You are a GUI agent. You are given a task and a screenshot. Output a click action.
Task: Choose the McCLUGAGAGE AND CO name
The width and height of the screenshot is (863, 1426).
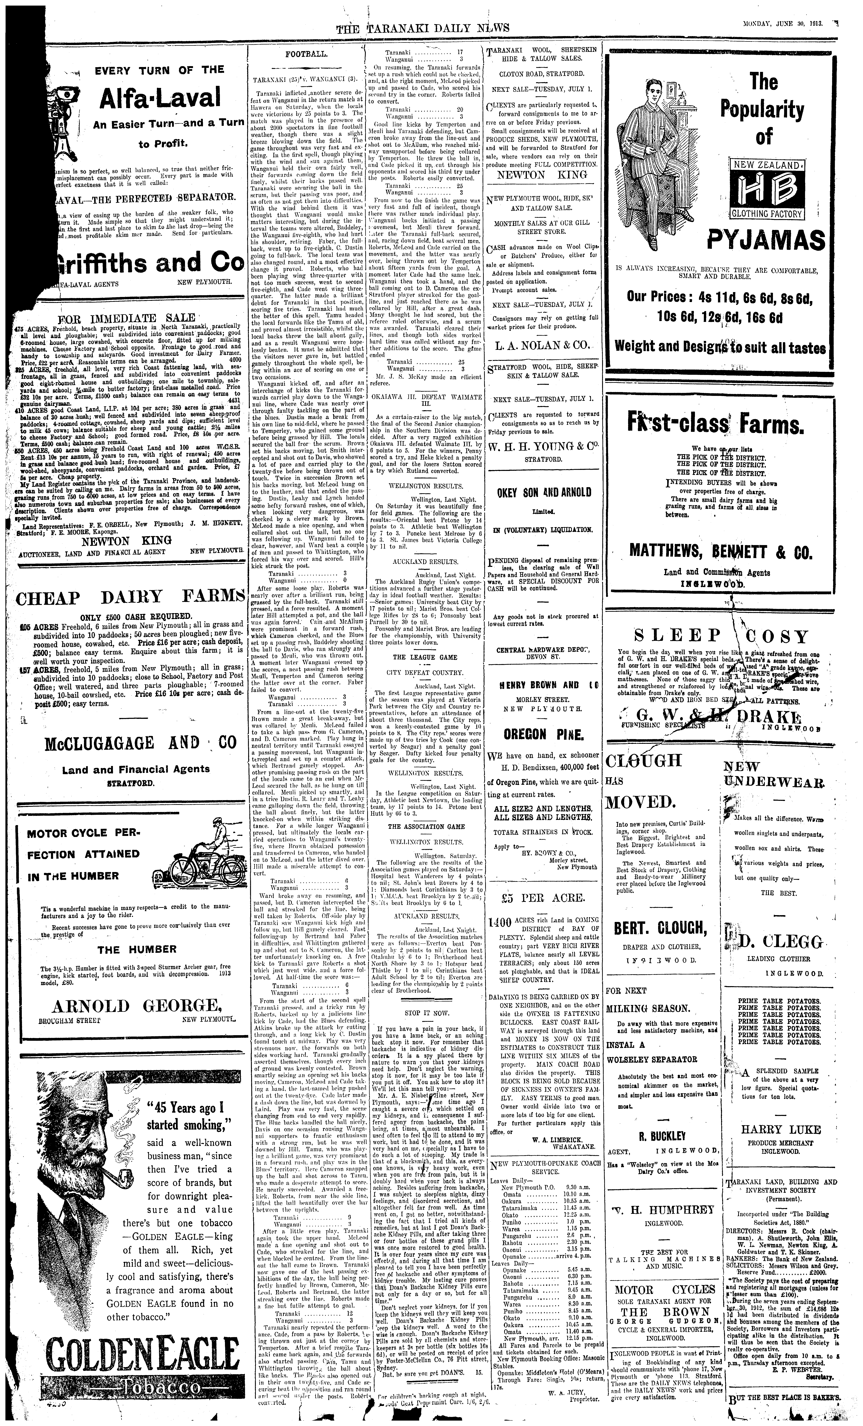pos(141,743)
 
